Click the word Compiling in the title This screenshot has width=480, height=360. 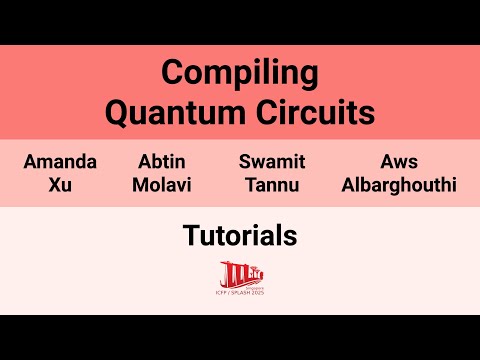point(240,74)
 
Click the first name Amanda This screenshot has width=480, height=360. point(60,162)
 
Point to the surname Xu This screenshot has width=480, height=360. point(60,184)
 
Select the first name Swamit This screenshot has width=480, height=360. point(271,162)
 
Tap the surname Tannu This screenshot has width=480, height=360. point(271,184)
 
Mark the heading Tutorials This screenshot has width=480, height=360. point(240,236)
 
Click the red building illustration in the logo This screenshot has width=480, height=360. point(237,272)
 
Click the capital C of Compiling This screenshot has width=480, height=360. point(172,74)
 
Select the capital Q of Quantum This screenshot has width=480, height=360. point(118,112)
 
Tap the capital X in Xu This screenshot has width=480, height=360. point(53,184)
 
